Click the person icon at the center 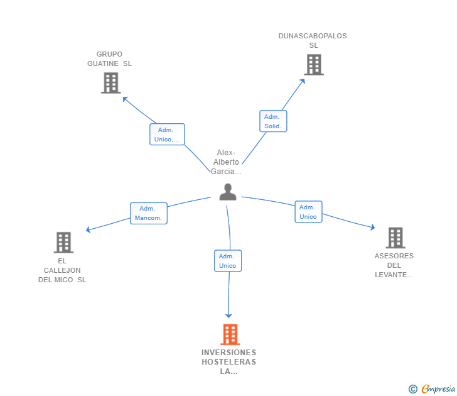point(228,192)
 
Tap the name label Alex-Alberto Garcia point(227,162)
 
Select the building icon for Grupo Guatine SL point(110,83)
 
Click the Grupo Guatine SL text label point(110,58)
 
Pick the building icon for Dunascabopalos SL point(313,65)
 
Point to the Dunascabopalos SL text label point(313,40)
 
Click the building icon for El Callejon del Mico point(63,242)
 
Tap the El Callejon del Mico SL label point(62,270)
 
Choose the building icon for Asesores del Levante point(395,238)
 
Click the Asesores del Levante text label point(394,265)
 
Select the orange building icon point(230,334)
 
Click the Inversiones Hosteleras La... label point(229,361)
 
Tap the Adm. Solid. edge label point(273,121)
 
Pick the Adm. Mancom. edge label point(148,213)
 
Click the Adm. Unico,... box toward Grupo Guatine point(167,135)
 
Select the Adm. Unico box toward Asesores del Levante point(308,212)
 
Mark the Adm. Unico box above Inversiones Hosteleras point(227,261)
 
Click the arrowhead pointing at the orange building point(229,314)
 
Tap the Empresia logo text point(438,389)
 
